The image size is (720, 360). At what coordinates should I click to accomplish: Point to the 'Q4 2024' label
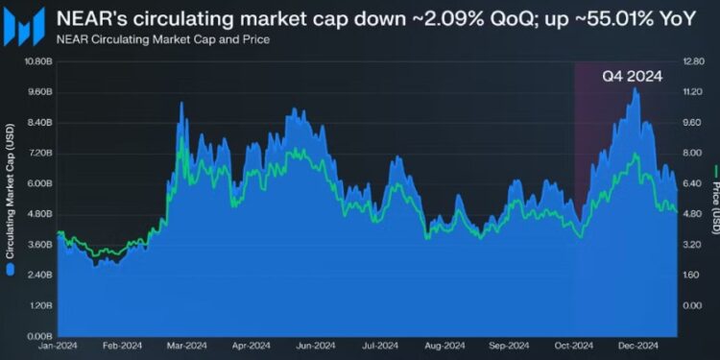click(x=632, y=78)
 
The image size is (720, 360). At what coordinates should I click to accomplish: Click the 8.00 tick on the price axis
click(x=692, y=153)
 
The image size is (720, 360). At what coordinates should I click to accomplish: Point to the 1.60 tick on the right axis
click(x=692, y=275)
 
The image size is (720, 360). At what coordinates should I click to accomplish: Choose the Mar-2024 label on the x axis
click(x=187, y=346)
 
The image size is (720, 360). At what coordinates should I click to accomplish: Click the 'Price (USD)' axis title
click(x=713, y=200)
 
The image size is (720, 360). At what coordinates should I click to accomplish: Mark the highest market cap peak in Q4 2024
click(x=635, y=88)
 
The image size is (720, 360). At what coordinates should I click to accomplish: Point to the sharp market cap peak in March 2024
click(x=180, y=103)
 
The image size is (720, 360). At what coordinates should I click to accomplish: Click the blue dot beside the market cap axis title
click(x=11, y=270)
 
